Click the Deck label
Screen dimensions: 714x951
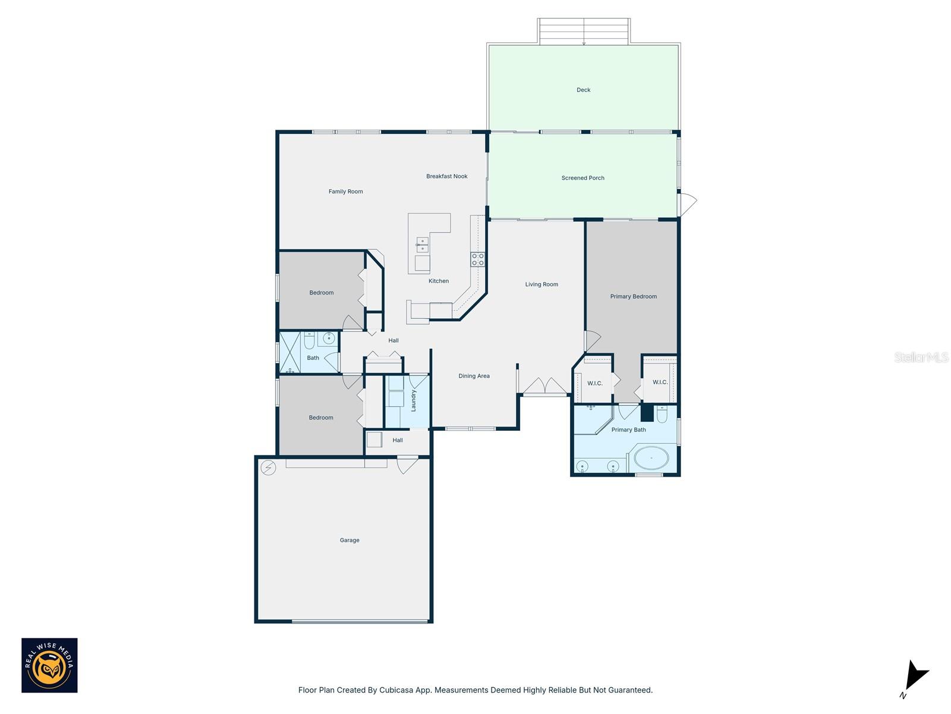pyautogui.click(x=583, y=90)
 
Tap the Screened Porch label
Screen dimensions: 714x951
pyautogui.click(x=582, y=178)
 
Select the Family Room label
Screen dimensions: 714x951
pyautogui.click(x=345, y=192)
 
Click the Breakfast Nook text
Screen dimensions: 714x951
pyautogui.click(x=446, y=176)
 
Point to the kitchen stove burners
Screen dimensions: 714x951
pyautogui.click(x=478, y=259)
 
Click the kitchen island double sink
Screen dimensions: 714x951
pyautogui.click(x=422, y=245)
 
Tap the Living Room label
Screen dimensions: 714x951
pyautogui.click(x=541, y=284)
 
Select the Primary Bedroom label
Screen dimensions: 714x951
pyautogui.click(x=633, y=296)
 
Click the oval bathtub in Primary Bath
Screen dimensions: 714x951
pyautogui.click(x=651, y=459)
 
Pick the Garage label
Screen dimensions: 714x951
pyautogui.click(x=349, y=540)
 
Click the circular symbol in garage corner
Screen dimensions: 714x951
pyautogui.click(x=269, y=468)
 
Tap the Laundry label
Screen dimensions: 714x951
pyautogui.click(x=414, y=400)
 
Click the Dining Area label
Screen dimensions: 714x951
pyautogui.click(x=474, y=376)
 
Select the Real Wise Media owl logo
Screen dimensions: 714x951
pyautogui.click(x=49, y=665)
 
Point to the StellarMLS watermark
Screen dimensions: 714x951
pyautogui.click(x=921, y=357)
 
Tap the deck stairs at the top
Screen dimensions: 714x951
pyautogui.click(x=584, y=30)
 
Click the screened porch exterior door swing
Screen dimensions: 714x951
pyautogui.click(x=688, y=204)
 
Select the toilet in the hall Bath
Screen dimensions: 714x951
pyautogui.click(x=309, y=341)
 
